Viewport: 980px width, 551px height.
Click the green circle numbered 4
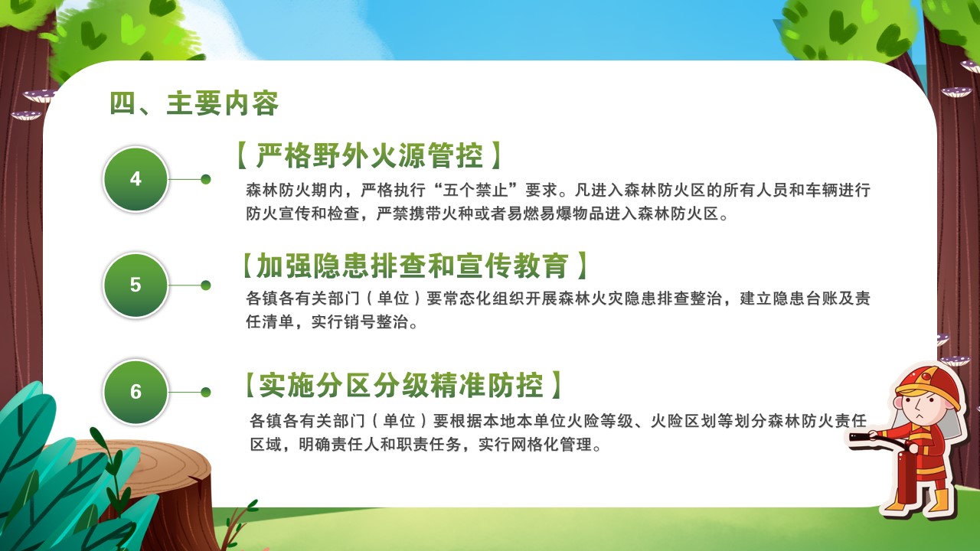[136, 179]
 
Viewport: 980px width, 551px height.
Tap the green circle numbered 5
[136, 285]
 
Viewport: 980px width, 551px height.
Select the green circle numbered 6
[136, 392]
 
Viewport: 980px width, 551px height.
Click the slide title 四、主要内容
[194, 103]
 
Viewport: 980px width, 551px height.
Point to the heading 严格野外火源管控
[369, 155]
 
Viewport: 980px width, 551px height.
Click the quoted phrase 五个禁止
[475, 191]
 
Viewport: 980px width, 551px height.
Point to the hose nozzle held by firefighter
[860, 436]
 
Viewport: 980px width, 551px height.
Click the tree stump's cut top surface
[145, 468]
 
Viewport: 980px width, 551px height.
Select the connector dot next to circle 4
[206, 179]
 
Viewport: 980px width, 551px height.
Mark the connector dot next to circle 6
[206, 393]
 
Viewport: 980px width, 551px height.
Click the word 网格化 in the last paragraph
[519, 445]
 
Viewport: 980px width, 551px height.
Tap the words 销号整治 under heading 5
[376, 322]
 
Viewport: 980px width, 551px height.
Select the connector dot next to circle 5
[206, 285]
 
